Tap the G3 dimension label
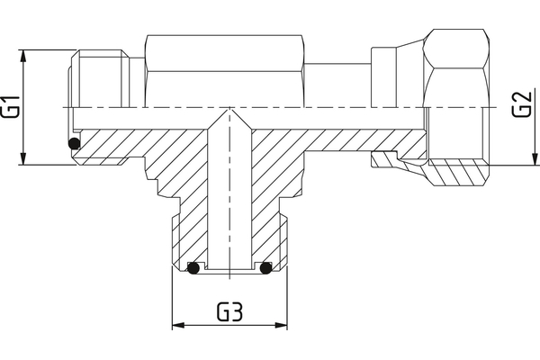(230, 313)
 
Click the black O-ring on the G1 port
(75, 144)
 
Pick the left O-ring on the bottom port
(193, 267)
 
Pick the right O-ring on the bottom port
(265, 267)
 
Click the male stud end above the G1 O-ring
(99, 81)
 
